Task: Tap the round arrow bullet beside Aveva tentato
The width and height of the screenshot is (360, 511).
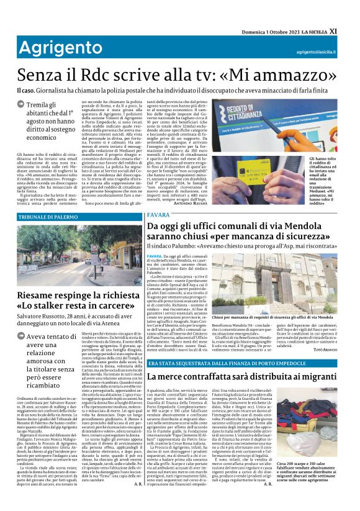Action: tap(21, 338)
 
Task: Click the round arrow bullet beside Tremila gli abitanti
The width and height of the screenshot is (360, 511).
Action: tap(21, 106)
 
